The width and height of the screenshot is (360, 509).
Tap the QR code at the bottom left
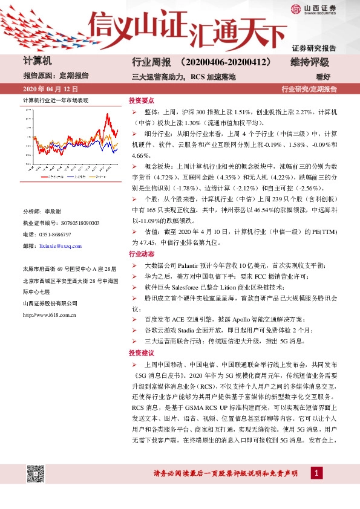point(36,474)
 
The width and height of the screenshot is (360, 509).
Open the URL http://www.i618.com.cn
point(49,315)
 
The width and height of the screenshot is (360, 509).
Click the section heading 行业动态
point(141,254)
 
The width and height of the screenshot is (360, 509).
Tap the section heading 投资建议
point(141,352)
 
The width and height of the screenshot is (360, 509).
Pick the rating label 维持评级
point(309,62)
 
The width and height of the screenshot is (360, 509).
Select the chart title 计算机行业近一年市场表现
point(56,100)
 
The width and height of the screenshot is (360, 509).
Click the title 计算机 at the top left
point(38,61)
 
